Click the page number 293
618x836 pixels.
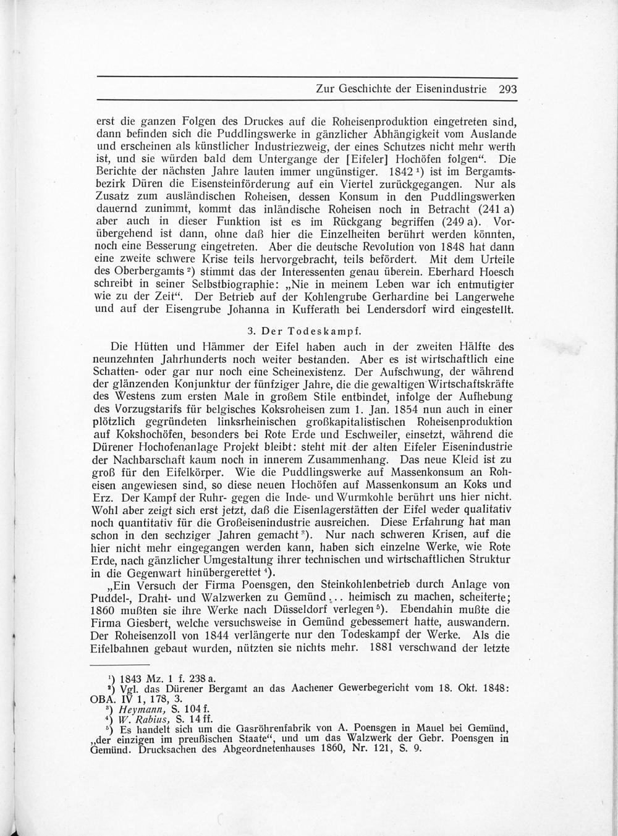[507, 89]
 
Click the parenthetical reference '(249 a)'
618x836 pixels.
[454, 221]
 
